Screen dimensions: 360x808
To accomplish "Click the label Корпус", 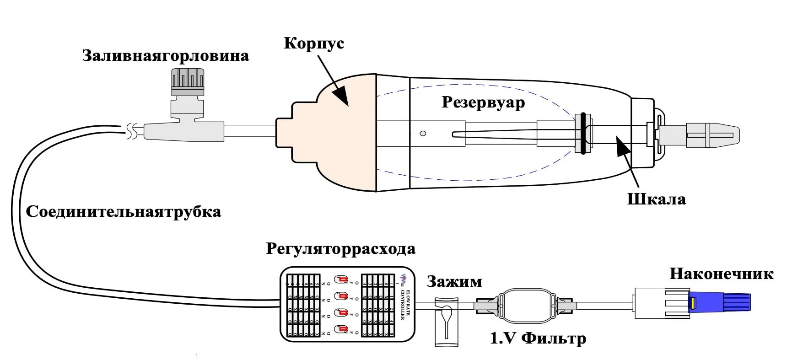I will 313,43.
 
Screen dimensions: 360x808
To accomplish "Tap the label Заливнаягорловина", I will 166,56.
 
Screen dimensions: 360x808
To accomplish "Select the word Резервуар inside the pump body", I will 483,102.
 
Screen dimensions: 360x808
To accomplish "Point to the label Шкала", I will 656,199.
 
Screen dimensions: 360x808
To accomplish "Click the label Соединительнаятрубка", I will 124,212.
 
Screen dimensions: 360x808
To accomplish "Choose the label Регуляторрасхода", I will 340,249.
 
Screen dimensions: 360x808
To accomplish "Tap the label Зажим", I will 454,282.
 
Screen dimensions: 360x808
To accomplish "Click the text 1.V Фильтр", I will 538,339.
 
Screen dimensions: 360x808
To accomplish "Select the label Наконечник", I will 721,274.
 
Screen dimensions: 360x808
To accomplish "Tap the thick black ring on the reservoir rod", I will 583,133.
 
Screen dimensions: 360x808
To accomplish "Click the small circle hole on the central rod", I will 423,134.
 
